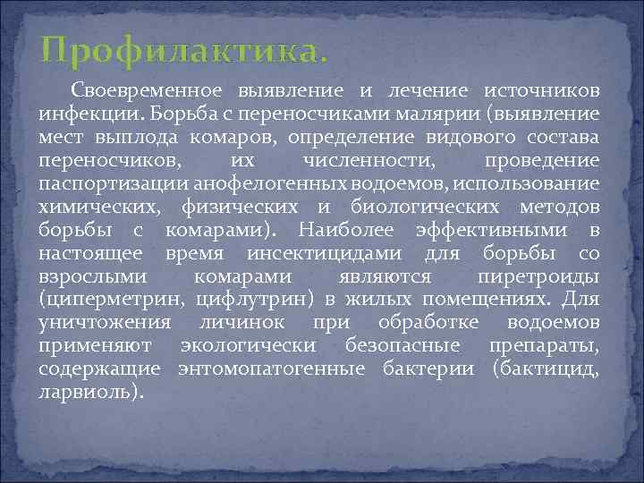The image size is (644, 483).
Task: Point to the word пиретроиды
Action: (551, 276)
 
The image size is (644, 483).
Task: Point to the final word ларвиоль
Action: (88, 392)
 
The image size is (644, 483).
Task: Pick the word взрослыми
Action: (97, 276)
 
